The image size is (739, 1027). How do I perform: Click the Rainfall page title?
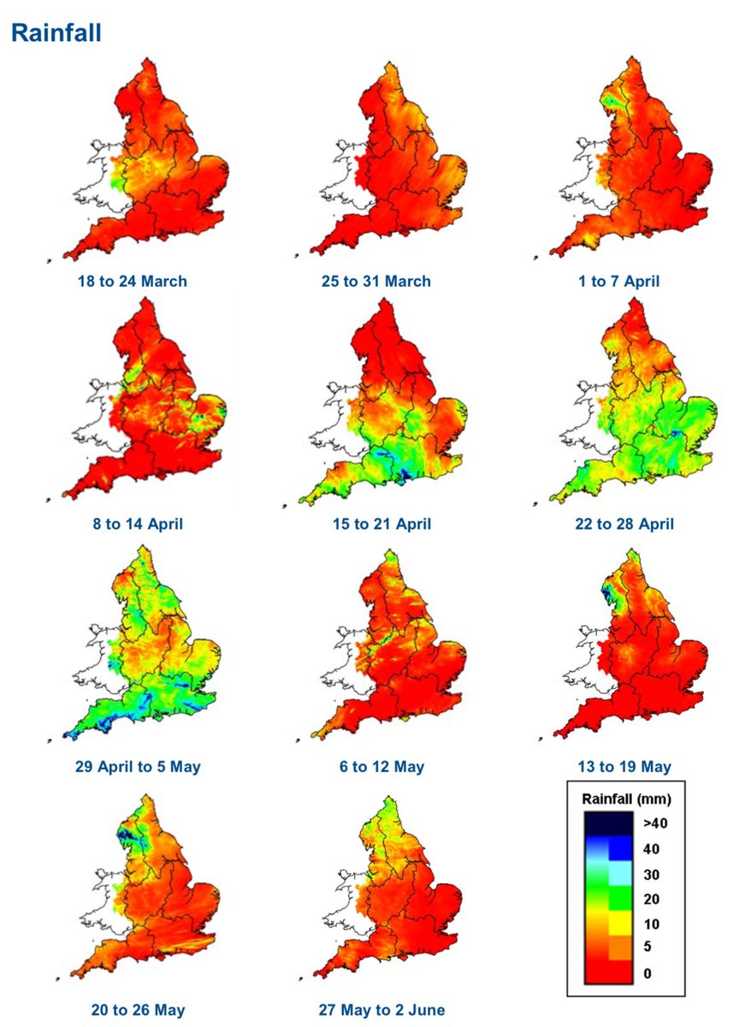point(56,33)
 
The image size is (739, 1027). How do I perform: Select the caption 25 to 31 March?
point(382,281)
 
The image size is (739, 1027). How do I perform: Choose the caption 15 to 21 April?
point(382,524)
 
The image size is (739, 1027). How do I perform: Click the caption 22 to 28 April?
point(624,524)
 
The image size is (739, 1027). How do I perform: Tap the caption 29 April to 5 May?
point(138,766)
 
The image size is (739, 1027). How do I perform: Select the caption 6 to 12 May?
point(382,766)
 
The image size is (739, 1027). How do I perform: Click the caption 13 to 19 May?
point(624,766)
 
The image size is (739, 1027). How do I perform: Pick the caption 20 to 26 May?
point(138,1009)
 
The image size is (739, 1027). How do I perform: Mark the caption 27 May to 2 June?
point(382,1009)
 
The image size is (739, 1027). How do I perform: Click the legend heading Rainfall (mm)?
point(626,799)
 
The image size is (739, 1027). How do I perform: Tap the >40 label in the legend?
point(654,823)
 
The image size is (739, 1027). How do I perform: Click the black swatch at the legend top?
point(608,823)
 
